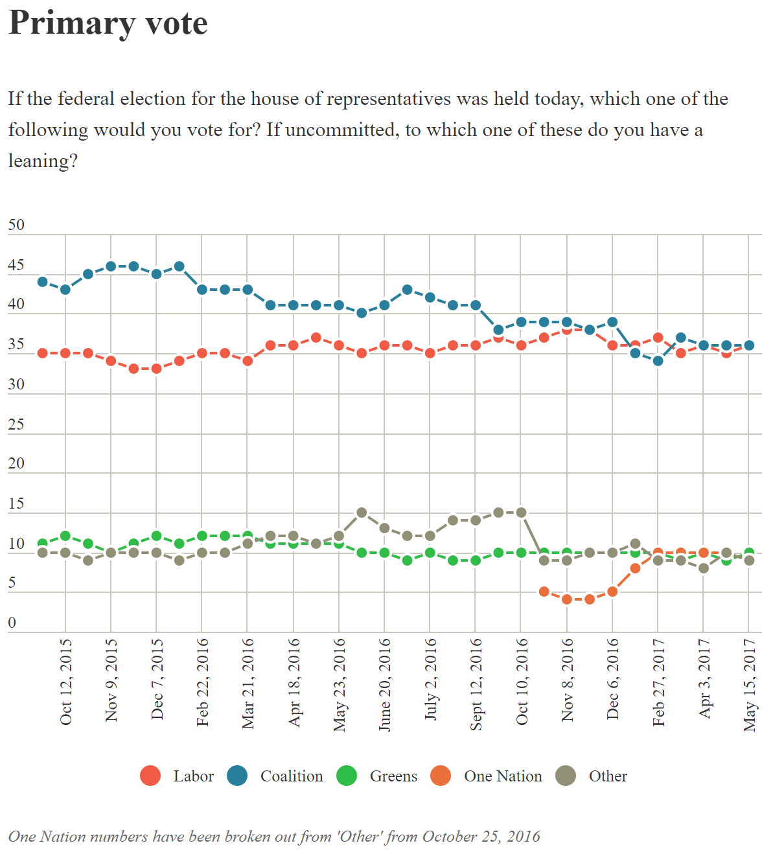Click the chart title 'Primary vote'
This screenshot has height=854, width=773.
pyautogui.click(x=108, y=23)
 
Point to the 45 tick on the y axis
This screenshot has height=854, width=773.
pyautogui.click(x=16, y=265)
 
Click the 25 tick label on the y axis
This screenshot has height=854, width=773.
pyautogui.click(x=16, y=424)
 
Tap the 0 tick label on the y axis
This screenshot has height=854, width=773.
pyautogui.click(x=12, y=623)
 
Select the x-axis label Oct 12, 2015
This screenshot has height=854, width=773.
pyautogui.click(x=65, y=682)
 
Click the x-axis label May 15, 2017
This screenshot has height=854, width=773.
pyautogui.click(x=750, y=685)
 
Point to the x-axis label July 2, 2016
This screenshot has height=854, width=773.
pyautogui.click(x=430, y=680)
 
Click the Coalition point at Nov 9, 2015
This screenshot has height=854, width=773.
pyautogui.click(x=111, y=266)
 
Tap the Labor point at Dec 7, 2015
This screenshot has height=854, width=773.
pyautogui.click(x=156, y=369)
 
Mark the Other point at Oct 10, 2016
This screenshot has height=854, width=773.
pyautogui.click(x=521, y=513)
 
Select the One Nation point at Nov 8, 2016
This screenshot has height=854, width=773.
pyautogui.click(x=567, y=599)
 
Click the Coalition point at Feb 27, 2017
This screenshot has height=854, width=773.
pyautogui.click(x=658, y=361)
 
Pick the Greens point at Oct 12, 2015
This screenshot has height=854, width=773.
pyautogui.click(x=65, y=536)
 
